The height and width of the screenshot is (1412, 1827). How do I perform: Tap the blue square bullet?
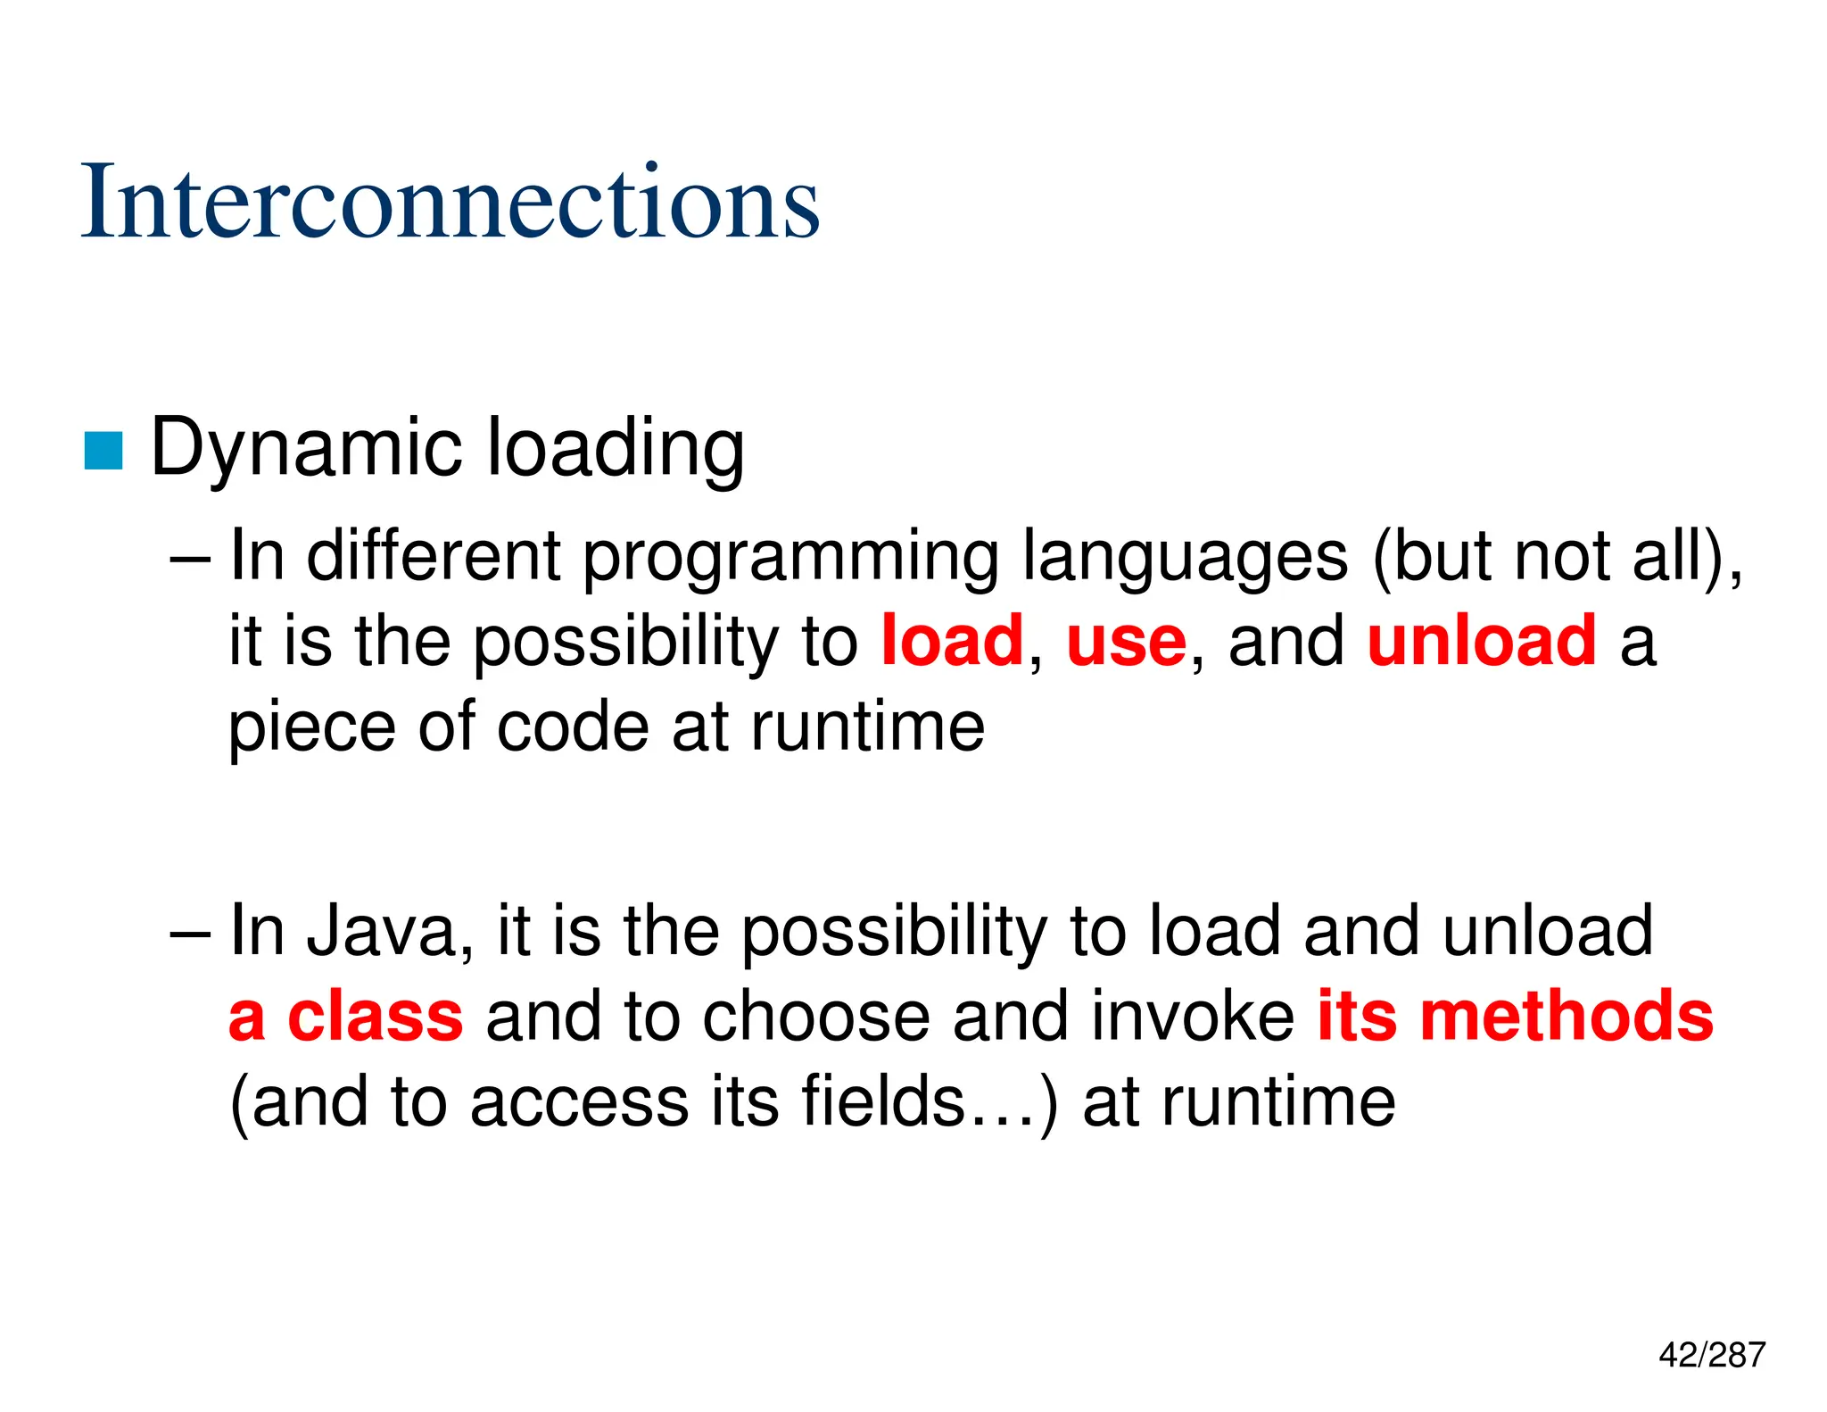(103, 450)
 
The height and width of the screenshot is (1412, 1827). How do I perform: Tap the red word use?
(1126, 643)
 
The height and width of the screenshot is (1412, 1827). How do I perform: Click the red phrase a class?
(346, 1016)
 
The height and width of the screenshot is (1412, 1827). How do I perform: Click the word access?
(580, 1102)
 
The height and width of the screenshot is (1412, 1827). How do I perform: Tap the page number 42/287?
(1711, 1354)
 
